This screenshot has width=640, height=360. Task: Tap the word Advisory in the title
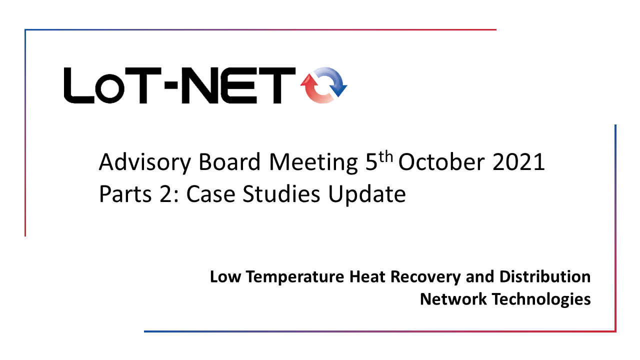click(x=144, y=162)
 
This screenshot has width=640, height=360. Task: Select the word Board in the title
click(x=229, y=162)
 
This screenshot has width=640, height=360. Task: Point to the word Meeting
click(x=313, y=162)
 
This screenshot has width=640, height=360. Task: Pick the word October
click(x=441, y=162)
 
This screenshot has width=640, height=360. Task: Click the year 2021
click(x=518, y=162)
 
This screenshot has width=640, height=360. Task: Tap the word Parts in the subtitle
click(x=125, y=194)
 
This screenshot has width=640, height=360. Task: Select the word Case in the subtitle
click(x=211, y=194)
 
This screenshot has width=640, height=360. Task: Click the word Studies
click(x=281, y=193)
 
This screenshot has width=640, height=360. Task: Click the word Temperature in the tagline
click(x=295, y=277)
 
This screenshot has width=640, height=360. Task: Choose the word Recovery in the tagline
click(x=425, y=277)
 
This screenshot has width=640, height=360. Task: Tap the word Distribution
click(x=545, y=276)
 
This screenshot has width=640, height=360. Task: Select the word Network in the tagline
click(x=453, y=299)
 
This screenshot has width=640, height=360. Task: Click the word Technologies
click(x=541, y=299)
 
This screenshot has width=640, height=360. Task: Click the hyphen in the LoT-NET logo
click(x=171, y=85)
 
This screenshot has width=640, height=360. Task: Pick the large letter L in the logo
click(x=79, y=85)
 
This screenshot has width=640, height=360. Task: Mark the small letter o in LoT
click(x=109, y=89)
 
